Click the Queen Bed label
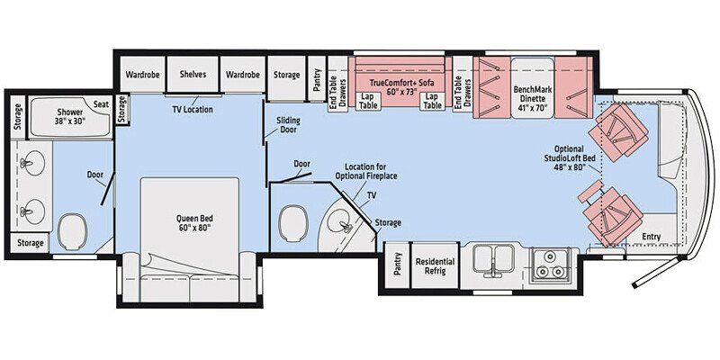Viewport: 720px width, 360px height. click(189, 221)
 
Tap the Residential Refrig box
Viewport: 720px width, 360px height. click(435, 267)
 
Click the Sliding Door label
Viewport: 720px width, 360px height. click(288, 126)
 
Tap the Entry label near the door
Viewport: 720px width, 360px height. click(650, 237)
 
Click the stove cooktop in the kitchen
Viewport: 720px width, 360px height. click(548, 264)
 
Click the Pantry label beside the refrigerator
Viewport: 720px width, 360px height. click(397, 267)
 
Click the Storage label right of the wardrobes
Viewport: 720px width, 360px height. click(287, 74)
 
